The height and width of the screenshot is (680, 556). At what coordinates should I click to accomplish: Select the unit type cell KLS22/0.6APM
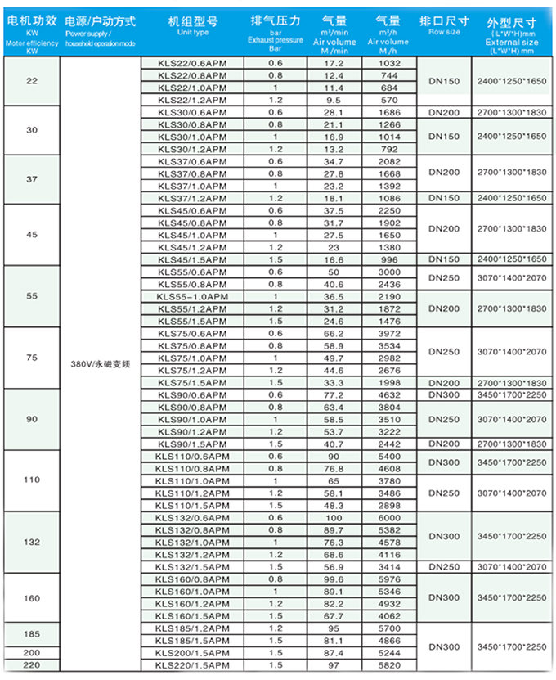click(x=191, y=62)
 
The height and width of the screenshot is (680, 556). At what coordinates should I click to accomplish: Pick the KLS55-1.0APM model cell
click(x=191, y=296)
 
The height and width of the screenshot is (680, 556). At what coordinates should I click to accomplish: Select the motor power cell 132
click(x=32, y=543)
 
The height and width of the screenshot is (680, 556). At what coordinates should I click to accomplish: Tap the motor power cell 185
click(x=32, y=634)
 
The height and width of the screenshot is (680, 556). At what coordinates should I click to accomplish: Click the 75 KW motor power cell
click(x=32, y=358)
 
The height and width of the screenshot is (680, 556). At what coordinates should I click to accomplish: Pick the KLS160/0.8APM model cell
click(x=191, y=579)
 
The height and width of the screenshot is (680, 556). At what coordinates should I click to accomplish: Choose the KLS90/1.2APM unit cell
click(x=191, y=431)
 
